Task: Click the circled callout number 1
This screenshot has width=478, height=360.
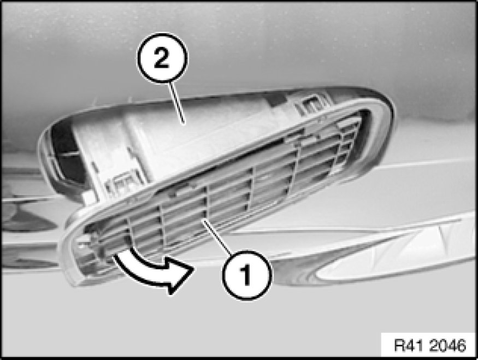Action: (246, 275)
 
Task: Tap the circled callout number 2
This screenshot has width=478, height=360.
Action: (162, 58)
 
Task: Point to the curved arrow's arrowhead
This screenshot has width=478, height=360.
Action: (179, 275)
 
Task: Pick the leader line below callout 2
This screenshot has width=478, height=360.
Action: (177, 103)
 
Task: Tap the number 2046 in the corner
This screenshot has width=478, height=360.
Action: (447, 345)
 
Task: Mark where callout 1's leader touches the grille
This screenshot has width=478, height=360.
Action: (203, 220)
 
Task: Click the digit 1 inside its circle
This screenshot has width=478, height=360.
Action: (245, 275)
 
